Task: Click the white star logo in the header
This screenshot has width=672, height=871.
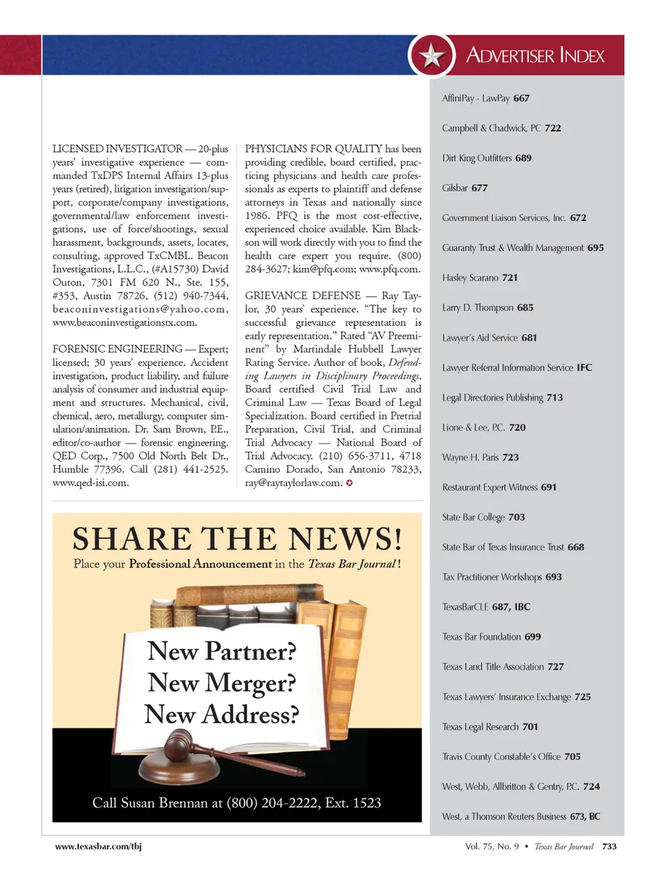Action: (x=432, y=55)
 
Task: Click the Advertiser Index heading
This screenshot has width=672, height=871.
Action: (x=535, y=55)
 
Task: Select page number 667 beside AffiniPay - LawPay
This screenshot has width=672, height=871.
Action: (x=521, y=99)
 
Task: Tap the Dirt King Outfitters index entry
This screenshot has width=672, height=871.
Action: (x=478, y=158)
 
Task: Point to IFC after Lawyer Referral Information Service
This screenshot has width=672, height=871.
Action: (x=584, y=367)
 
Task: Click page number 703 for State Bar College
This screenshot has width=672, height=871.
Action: (x=517, y=517)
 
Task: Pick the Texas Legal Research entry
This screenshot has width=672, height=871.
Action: (x=481, y=727)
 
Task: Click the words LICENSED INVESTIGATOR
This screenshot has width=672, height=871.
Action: (x=118, y=149)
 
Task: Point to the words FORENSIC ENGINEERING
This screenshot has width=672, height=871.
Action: (x=118, y=349)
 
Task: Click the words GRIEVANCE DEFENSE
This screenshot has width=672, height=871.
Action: (x=303, y=296)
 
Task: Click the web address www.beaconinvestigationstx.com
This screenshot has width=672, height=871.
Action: (x=125, y=323)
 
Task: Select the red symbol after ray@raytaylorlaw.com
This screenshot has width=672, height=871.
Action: (x=349, y=483)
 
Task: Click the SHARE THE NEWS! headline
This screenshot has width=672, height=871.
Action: (x=237, y=539)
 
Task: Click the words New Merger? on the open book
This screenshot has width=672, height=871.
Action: (x=222, y=683)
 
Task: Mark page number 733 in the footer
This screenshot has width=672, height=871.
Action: (x=609, y=847)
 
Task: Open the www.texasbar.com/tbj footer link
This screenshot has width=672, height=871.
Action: (x=98, y=847)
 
